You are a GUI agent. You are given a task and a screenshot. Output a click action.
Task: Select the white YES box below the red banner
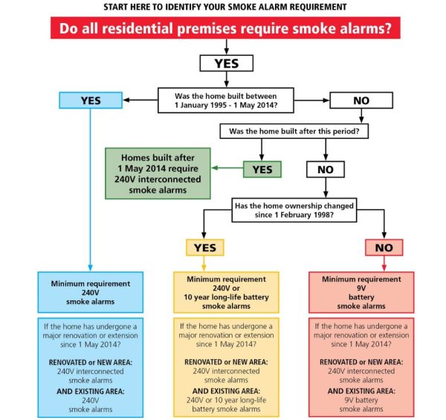227,63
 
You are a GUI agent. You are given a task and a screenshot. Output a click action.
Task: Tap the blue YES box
91,100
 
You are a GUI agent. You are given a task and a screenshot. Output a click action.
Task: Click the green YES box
262,169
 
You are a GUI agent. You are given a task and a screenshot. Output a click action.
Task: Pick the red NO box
384,247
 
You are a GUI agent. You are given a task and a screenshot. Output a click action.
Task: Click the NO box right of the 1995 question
360,100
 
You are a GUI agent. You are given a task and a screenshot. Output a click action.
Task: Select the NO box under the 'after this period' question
325,169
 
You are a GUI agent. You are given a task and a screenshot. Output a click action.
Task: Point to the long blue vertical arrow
91,186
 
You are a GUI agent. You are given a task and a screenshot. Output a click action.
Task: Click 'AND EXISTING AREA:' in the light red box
361,391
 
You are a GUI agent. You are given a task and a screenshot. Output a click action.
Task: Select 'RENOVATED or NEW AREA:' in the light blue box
91,361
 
